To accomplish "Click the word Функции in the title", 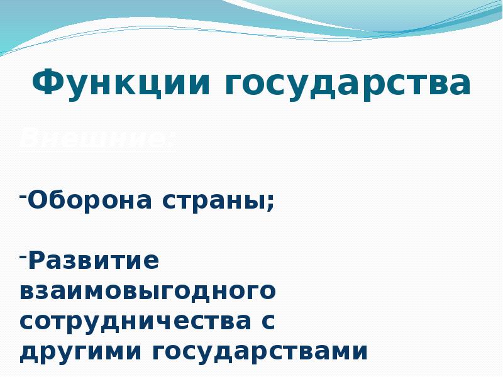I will [120, 84].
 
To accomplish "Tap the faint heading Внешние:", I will [97, 138].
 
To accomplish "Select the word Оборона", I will [92, 200].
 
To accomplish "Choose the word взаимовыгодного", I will [147, 292].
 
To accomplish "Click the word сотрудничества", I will [133, 322].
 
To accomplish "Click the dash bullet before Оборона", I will [23, 195].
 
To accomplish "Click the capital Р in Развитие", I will [36, 260].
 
